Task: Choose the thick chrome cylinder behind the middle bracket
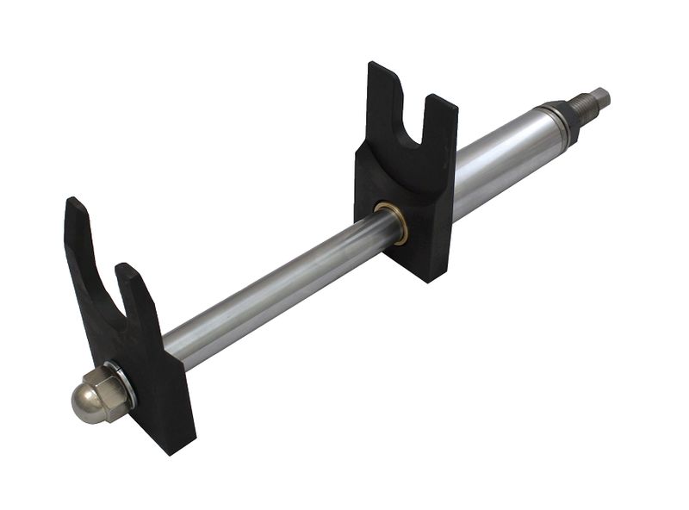[x=500, y=155]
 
